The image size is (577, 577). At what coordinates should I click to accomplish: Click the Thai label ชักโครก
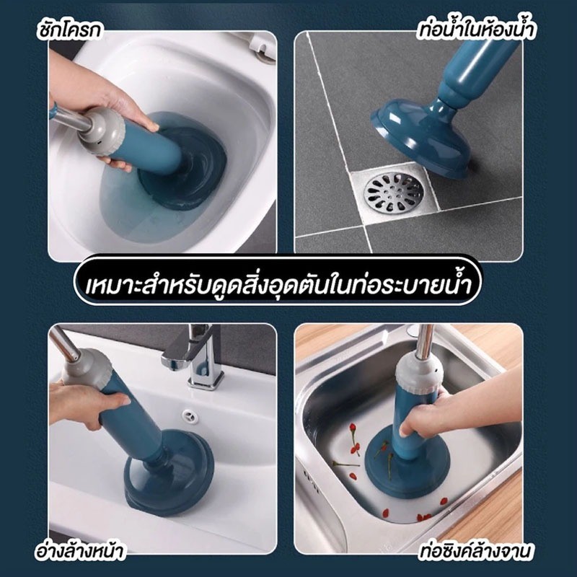69,30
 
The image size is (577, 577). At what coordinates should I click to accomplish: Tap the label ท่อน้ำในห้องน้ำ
477,28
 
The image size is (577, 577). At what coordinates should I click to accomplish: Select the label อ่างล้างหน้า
79,551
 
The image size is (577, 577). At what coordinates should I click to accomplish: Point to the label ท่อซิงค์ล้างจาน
475,551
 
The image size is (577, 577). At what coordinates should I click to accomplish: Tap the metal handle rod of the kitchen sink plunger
424,340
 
